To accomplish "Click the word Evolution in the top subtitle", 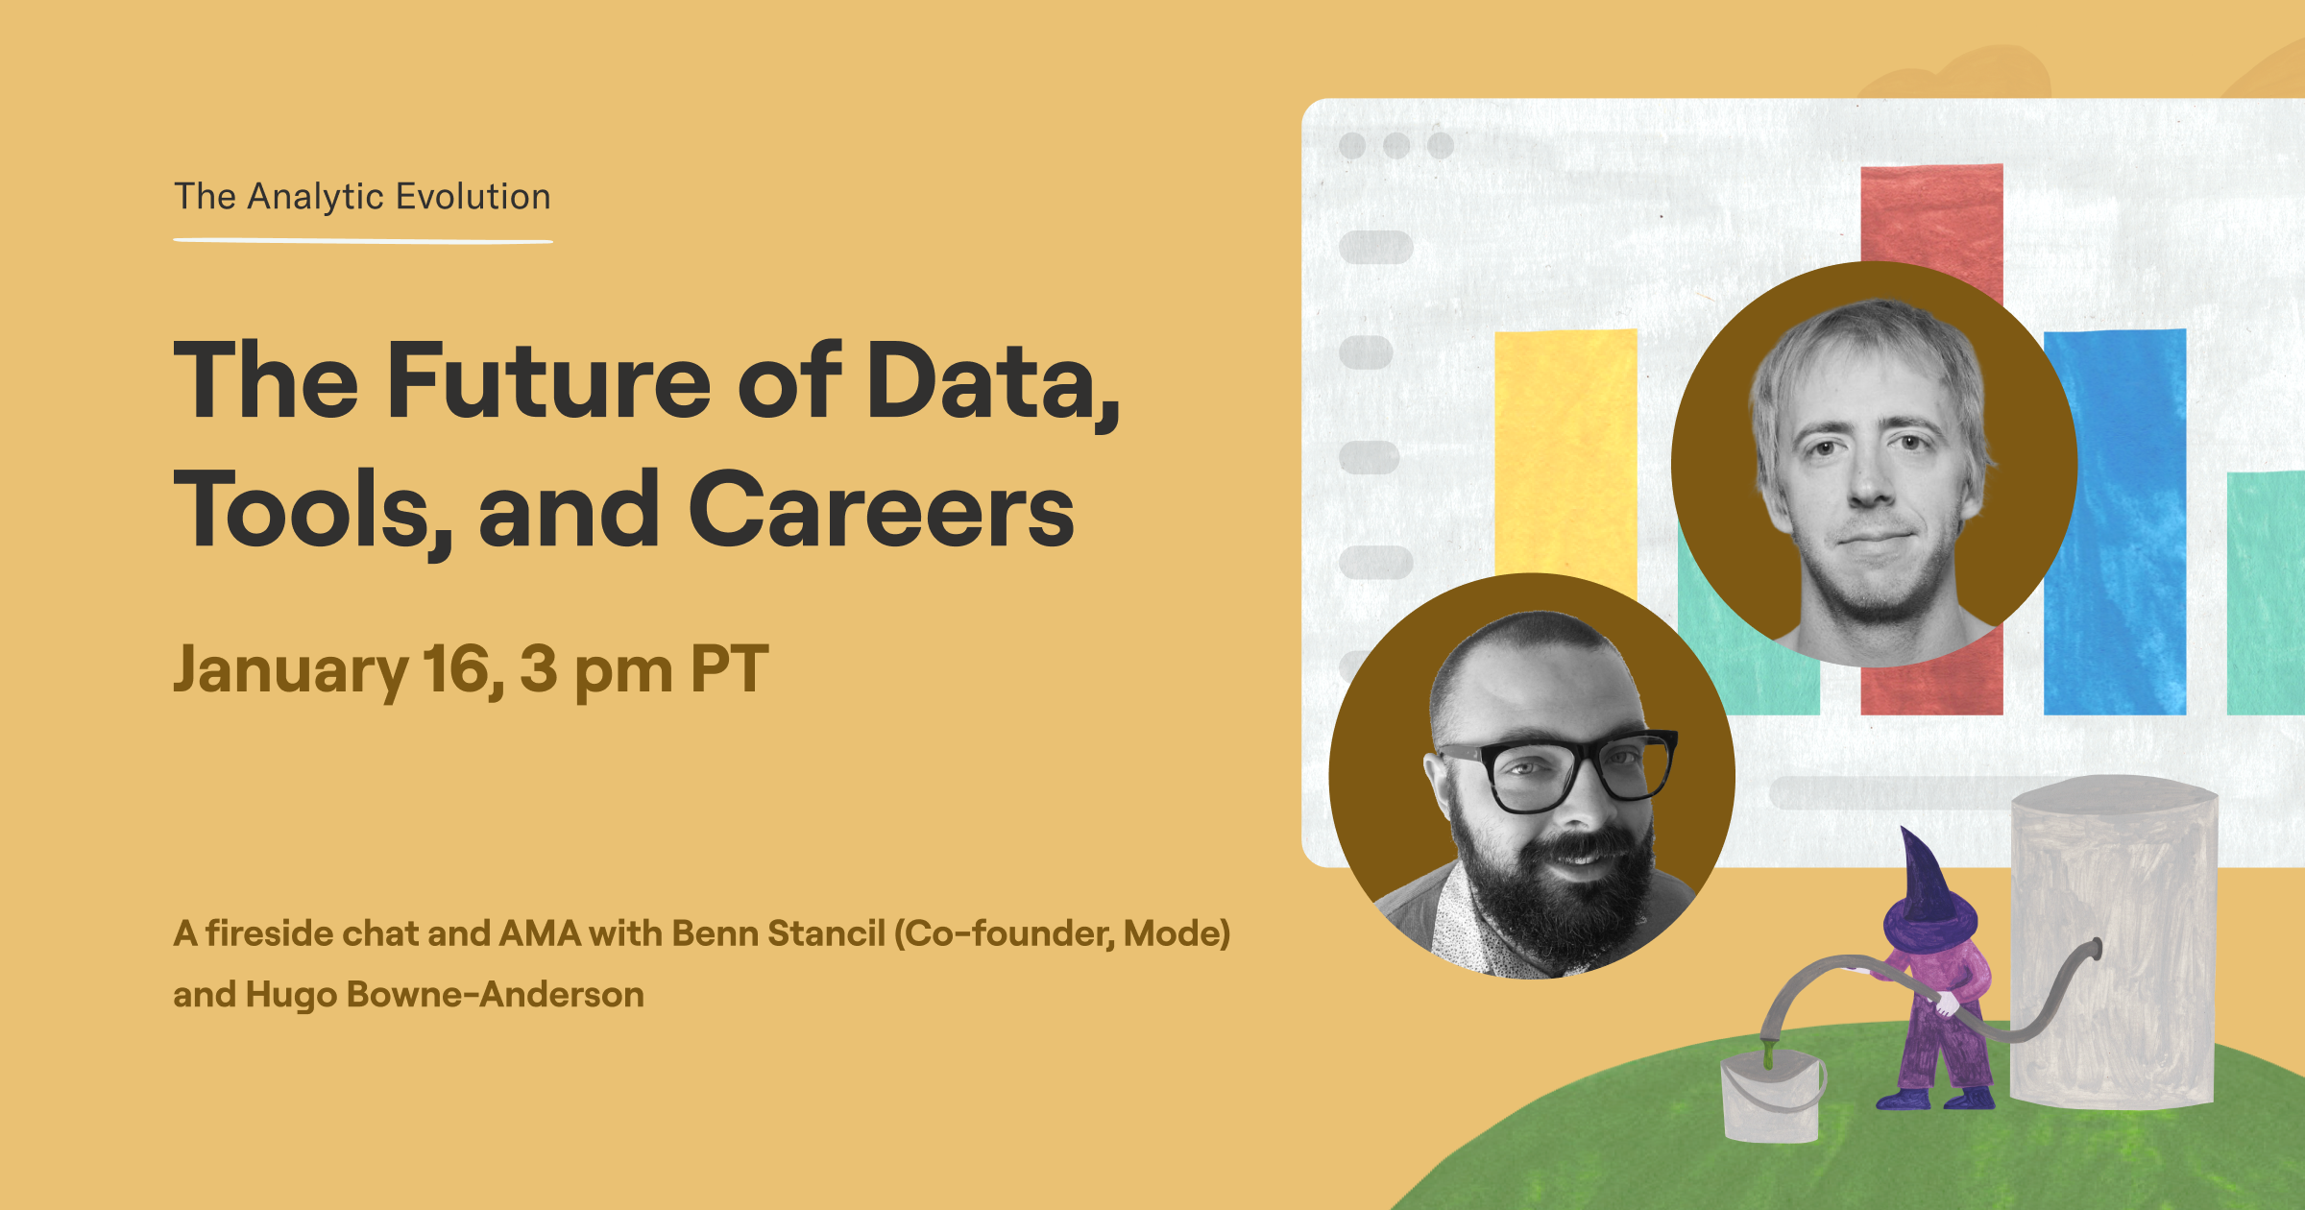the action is (473, 196).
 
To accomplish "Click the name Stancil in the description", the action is (827, 933).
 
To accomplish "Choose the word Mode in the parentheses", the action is (1176, 933).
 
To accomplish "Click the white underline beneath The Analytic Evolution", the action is (363, 240).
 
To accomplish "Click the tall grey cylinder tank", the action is (2113, 941).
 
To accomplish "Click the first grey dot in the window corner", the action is (1352, 146).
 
